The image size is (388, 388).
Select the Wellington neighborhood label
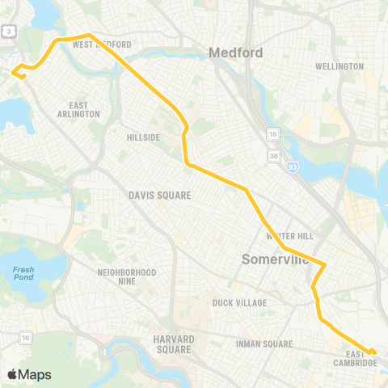(x=339, y=66)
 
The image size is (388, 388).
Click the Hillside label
(x=144, y=137)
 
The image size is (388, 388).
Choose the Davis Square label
(x=159, y=196)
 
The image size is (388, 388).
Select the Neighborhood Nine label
(x=126, y=276)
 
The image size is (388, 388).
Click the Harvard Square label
(x=173, y=344)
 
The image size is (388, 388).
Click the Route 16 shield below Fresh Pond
(x=26, y=337)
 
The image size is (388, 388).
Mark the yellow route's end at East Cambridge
(x=373, y=352)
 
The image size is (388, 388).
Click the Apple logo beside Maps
(x=13, y=374)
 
